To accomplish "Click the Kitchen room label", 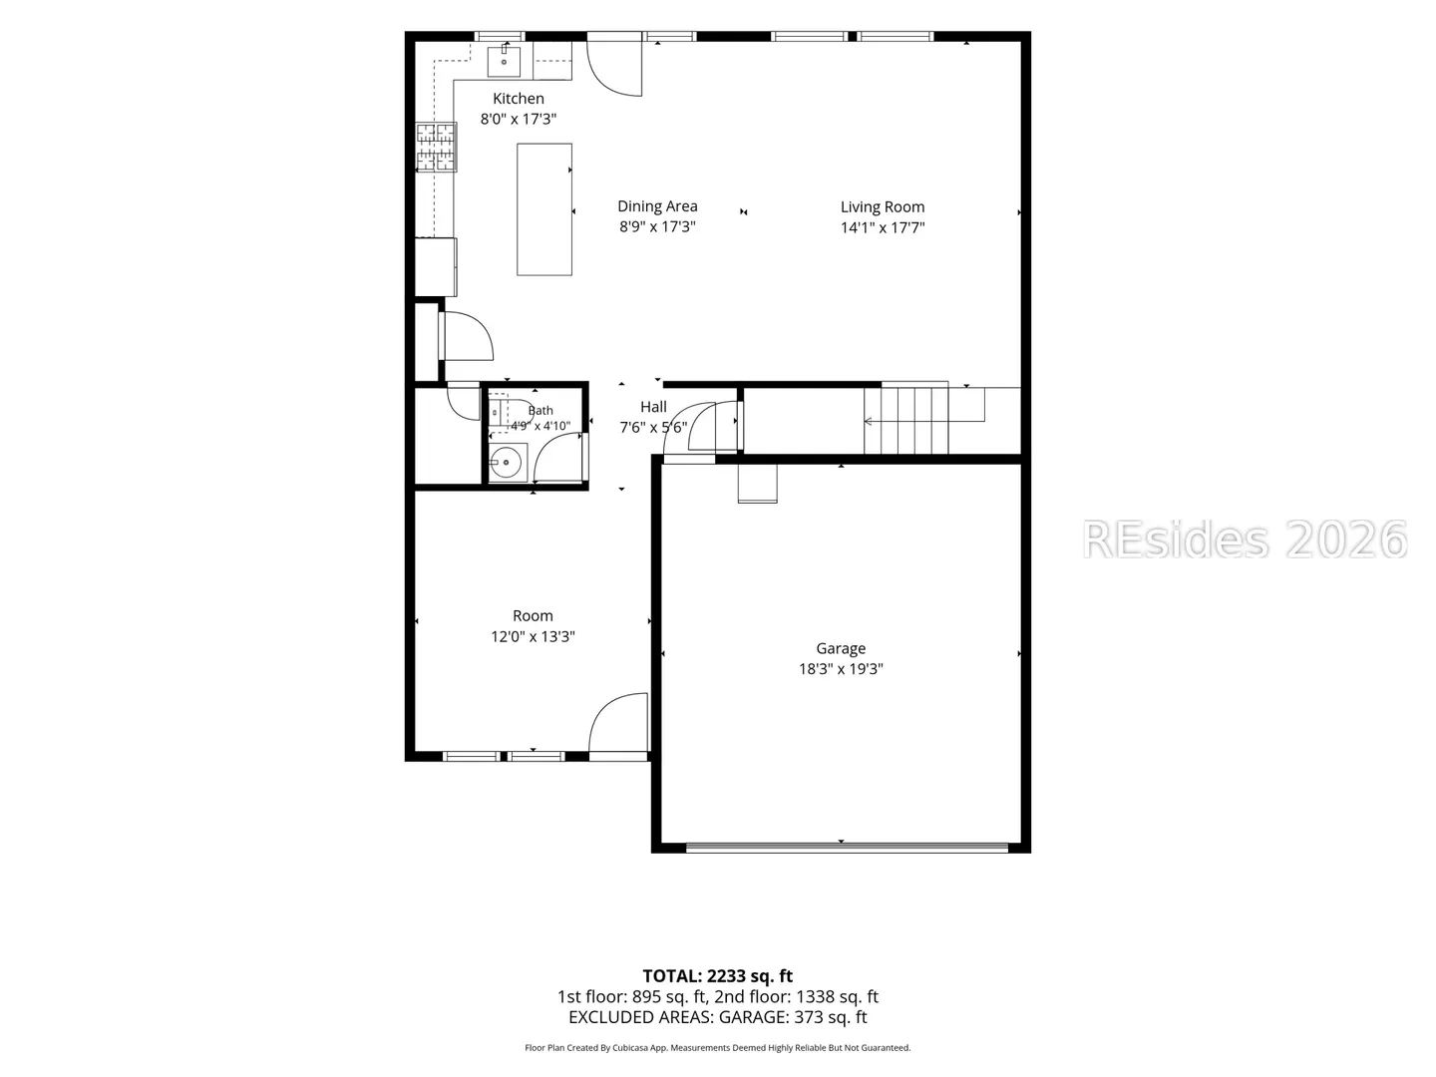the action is click(x=519, y=99).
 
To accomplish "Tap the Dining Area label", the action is click(x=657, y=206).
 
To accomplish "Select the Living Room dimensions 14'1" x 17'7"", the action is click(x=883, y=227).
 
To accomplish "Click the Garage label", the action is click(x=841, y=648).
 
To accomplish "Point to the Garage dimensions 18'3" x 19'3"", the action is click(x=841, y=669).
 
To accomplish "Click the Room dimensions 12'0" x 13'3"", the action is click(x=533, y=637).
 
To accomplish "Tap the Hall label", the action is click(x=653, y=407).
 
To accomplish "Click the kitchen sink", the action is click(x=504, y=61).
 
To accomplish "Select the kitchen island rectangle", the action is click(x=544, y=209).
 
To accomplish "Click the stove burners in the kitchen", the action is click(x=437, y=148).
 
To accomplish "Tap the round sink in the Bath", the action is click(x=506, y=463).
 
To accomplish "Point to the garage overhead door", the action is click(x=848, y=848).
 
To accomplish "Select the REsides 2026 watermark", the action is click(x=1245, y=539).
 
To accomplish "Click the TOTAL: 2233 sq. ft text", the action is click(x=718, y=976).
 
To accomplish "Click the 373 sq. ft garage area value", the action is click(x=831, y=1017).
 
